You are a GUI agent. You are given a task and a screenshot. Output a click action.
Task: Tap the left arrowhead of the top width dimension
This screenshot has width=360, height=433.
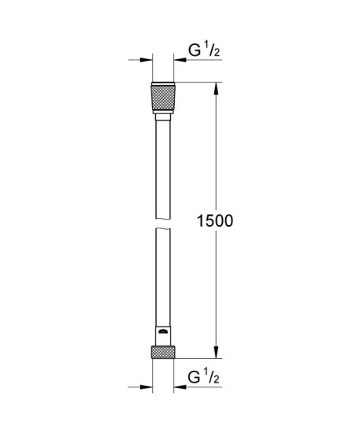[x=146, y=59]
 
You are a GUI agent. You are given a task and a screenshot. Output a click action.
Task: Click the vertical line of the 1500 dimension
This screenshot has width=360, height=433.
[x=217, y=157]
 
